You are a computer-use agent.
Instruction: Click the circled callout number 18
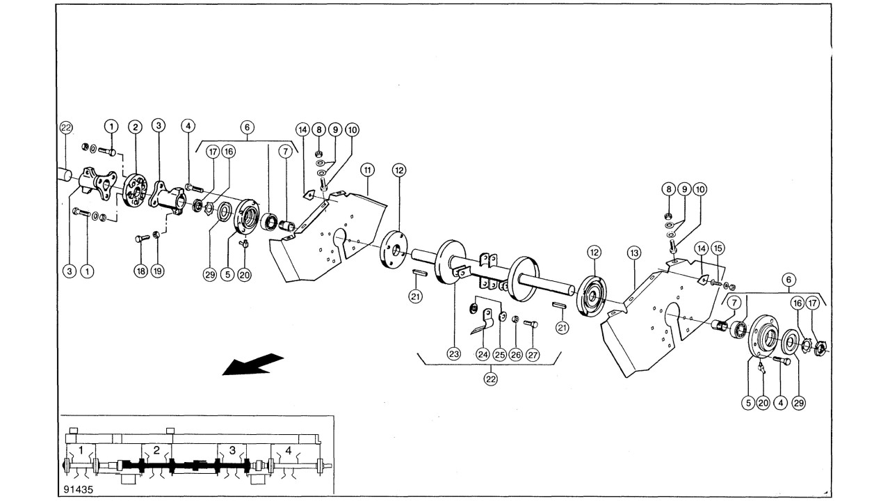click(141, 271)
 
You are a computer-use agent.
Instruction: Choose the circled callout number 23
click(454, 354)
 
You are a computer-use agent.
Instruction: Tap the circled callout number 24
click(483, 354)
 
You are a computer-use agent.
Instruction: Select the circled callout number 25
click(499, 354)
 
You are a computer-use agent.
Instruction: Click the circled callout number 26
click(516, 354)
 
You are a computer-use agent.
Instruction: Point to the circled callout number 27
click(533, 354)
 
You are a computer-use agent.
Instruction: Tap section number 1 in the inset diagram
click(81, 450)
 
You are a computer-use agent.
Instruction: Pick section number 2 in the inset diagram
click(156, 450)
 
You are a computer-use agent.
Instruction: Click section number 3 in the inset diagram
click(232, 450)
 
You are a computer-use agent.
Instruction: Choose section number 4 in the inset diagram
click(289, 450)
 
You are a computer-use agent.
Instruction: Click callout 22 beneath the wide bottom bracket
click(491, 379)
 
